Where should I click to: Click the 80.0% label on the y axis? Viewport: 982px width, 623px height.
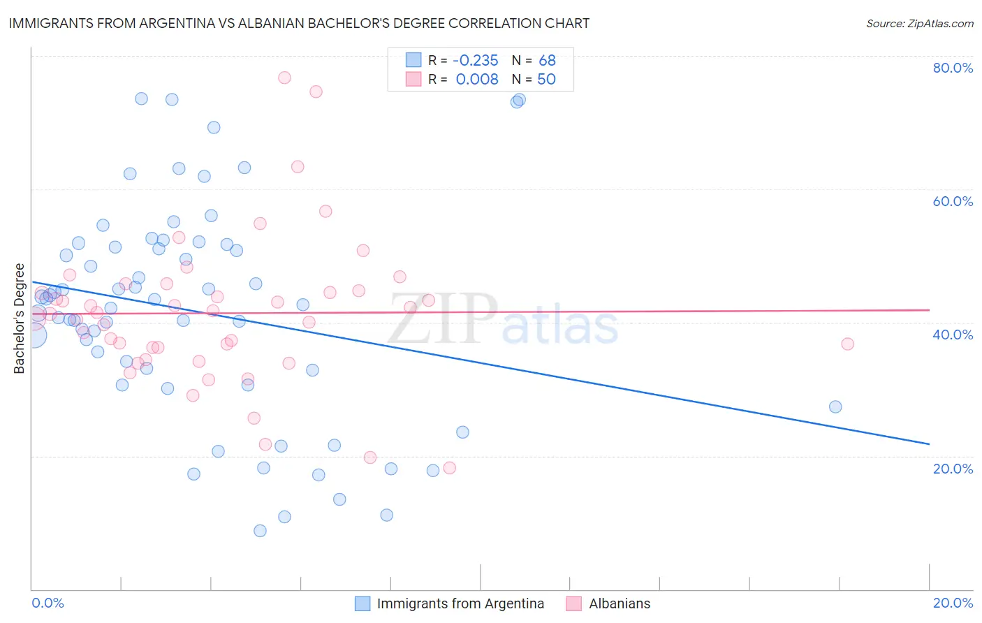953,68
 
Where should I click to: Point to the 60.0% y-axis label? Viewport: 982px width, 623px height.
953,201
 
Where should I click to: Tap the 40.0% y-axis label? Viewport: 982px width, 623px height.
953,335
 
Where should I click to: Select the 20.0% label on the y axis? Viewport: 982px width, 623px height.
953,469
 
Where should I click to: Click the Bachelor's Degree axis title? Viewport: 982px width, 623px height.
20,318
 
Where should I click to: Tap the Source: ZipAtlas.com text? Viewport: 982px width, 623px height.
919,23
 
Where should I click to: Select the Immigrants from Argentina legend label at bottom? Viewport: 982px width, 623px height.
460,604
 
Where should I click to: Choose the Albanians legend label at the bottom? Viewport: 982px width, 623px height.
620,604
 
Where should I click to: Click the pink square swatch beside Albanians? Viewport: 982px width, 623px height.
573,604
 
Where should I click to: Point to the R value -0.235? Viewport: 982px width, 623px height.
476,61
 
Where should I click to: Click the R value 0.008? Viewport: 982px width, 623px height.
477,80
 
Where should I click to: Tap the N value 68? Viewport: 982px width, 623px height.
547,61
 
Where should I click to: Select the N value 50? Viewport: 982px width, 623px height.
546,80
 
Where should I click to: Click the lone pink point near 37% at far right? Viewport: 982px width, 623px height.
847,344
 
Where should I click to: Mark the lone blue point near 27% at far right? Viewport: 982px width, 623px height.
835,406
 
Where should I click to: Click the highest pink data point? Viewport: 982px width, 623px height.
284,78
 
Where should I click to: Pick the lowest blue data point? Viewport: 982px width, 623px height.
260,531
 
